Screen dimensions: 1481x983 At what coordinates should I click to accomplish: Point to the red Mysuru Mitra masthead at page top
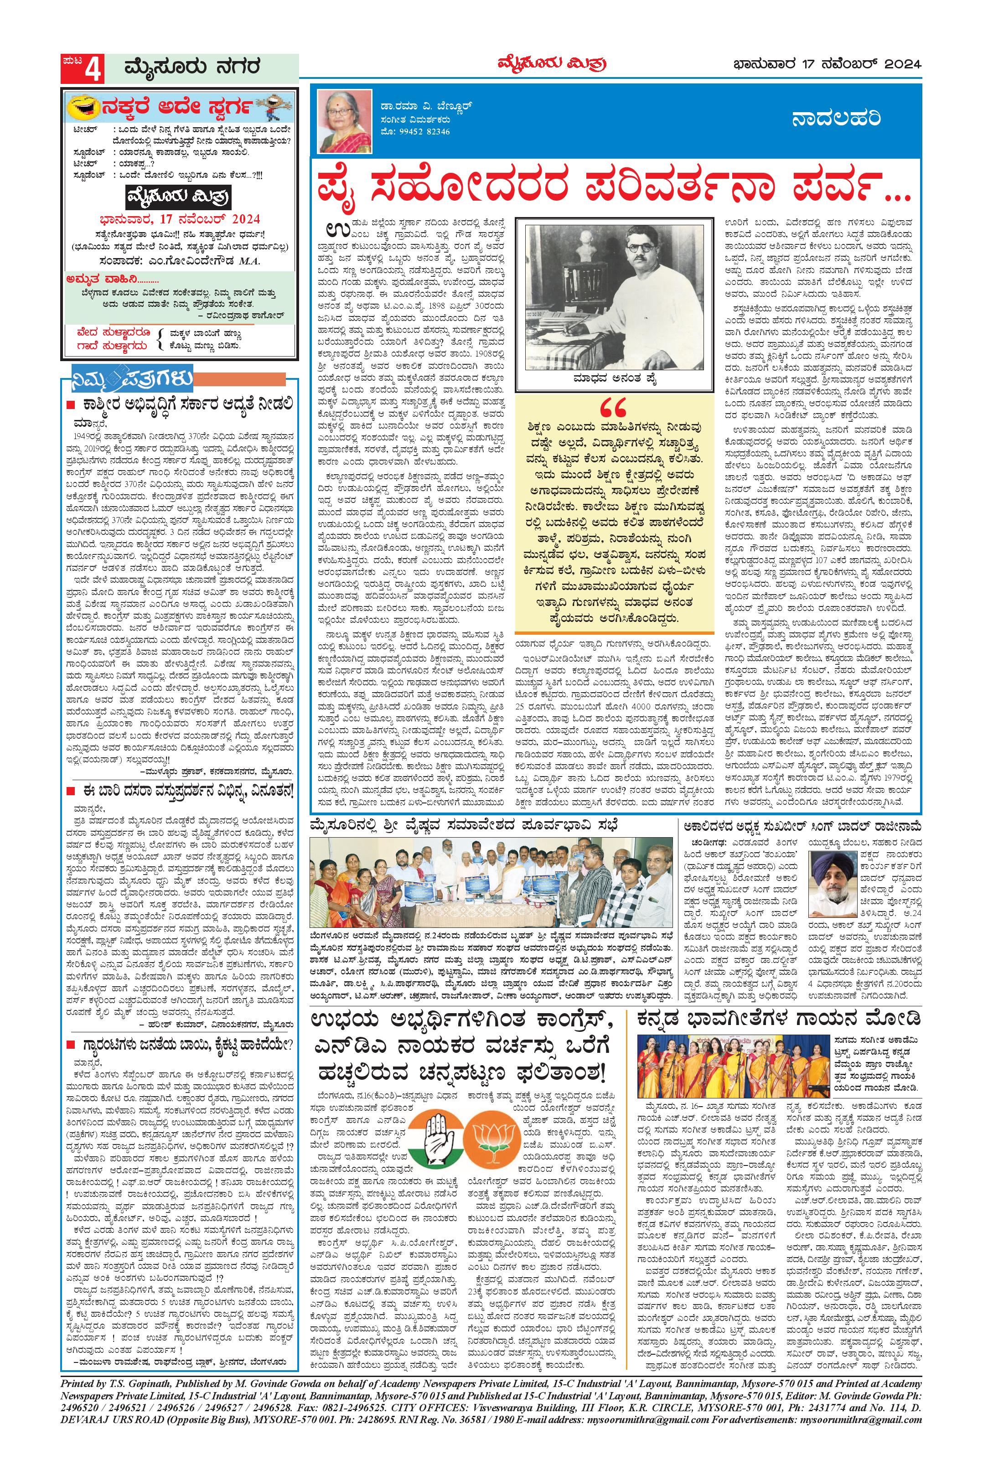pos(552,63)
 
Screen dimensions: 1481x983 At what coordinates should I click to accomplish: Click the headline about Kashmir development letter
pos(188,403)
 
